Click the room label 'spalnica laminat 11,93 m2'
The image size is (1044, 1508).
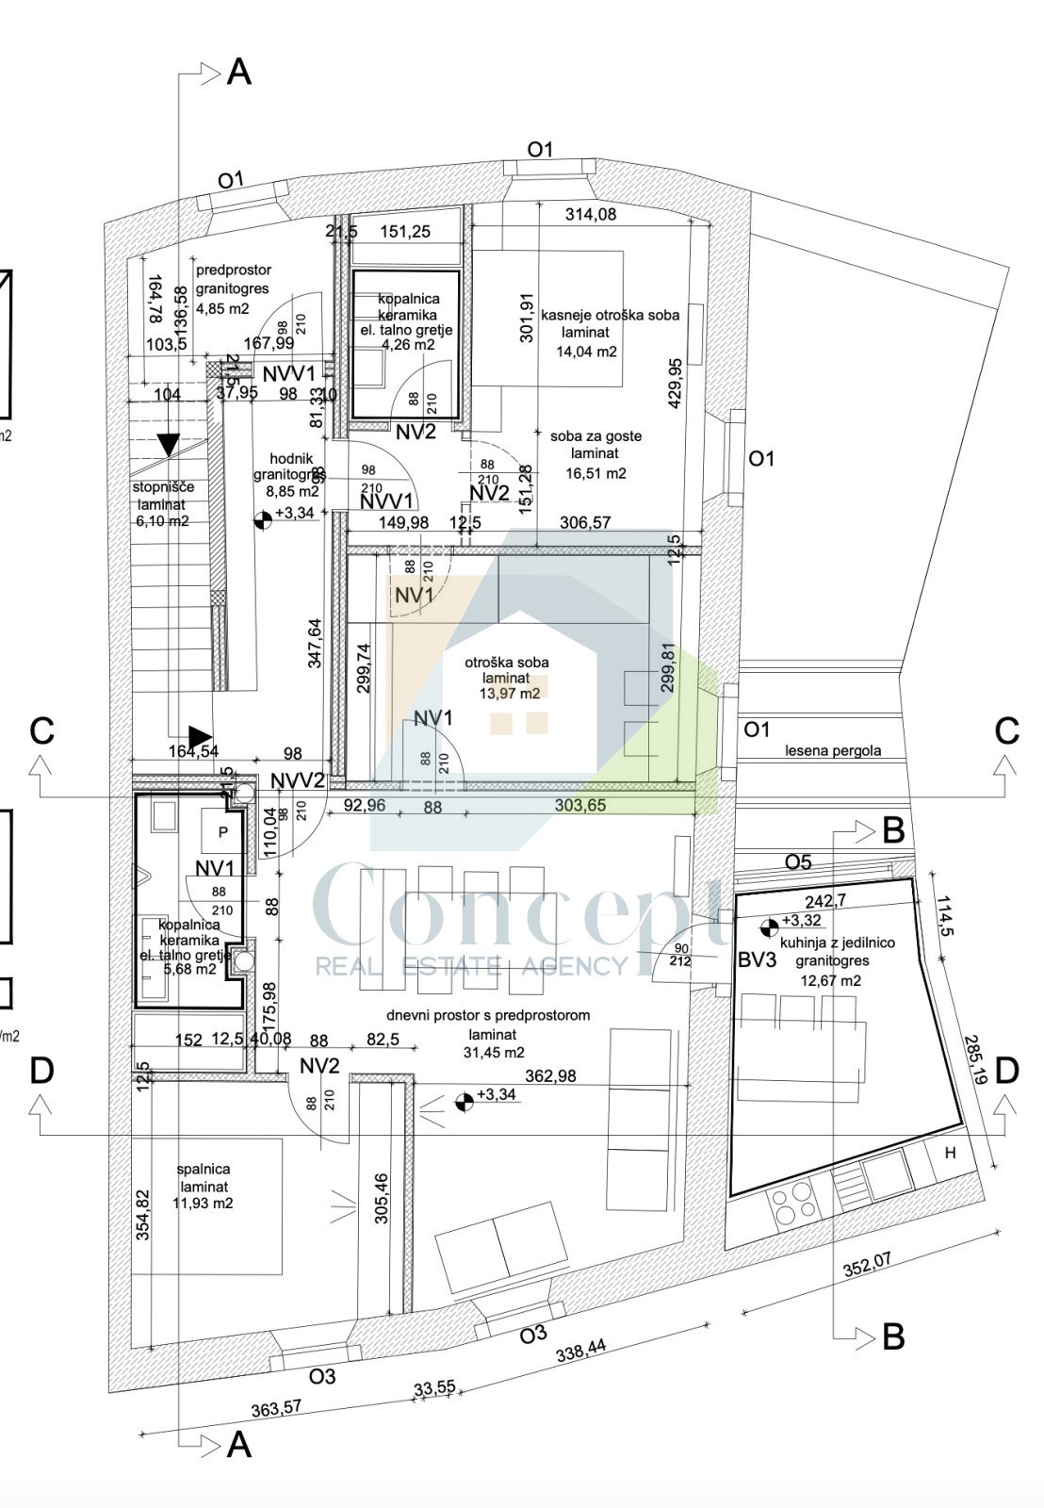click(204, 1187)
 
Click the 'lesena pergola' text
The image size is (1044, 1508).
click(833, 750)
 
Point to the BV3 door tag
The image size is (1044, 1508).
click(757, 960)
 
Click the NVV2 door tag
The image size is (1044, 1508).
click(297, 780)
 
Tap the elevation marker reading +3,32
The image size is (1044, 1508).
click(801, 921)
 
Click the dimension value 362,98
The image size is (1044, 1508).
click(550, 1075)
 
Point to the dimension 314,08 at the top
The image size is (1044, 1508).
click(590, 215)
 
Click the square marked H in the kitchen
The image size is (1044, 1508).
click(950, 1153)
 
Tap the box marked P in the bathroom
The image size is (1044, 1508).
click(222, 832)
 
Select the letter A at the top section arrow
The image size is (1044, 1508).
click(239, 72)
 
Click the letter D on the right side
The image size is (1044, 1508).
click(1006, 1071)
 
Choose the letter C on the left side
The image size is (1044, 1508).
click(41, 730)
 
